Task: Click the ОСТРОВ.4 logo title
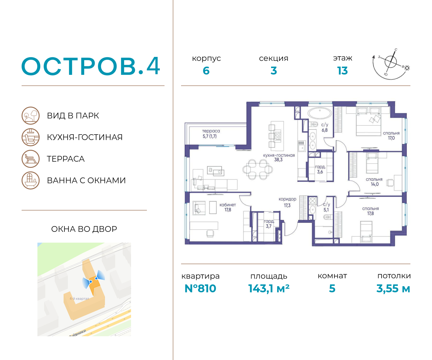(x=91, y=66)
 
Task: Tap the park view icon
(x=31, y=116)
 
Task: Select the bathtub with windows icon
(x=31, y=180)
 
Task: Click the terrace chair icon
(x=31, y=159)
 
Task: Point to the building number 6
(x=206, y=71)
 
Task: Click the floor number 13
(x=342, y=71)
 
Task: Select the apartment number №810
(x=200, y=288)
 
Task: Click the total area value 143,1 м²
(x=269, y=288)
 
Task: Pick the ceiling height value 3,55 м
(x=393, y=288)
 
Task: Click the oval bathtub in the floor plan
(x=320, y=113)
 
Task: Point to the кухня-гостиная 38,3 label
(x=279, y=157)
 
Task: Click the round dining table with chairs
(x=258, y=170)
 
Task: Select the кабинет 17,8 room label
(x=228, y=207)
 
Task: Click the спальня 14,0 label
(x=374, y=182)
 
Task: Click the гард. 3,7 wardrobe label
(x=269, y=224)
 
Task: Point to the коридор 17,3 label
(x=287, y=202)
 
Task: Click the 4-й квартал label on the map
(x=79, y=298)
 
